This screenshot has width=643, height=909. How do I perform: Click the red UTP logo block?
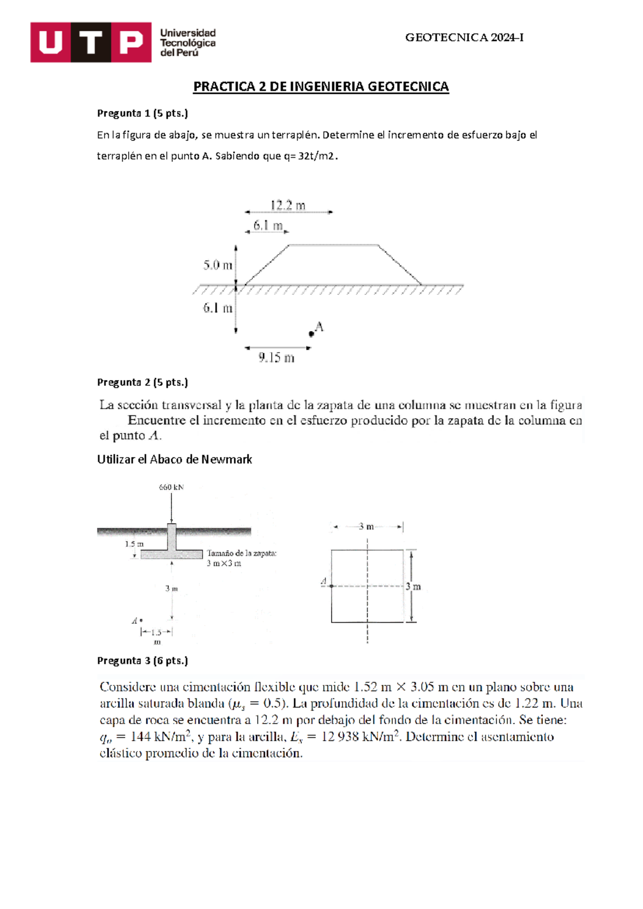(x=91, y=42)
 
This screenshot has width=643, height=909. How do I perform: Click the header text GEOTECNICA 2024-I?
(x=464, y=38)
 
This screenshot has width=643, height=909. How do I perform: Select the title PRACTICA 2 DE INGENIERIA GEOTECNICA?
(x=320, y=87)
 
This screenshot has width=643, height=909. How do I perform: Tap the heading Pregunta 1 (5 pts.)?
(x=143, y=113)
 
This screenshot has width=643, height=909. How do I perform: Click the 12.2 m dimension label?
(x=288, y=205)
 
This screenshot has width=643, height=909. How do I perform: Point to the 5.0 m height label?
(x=218, y=265)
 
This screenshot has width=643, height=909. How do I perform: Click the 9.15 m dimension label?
(x=276, y=357)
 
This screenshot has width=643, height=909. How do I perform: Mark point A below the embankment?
(x=311, y=334)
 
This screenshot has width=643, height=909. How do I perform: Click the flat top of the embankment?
(x=333, y=245)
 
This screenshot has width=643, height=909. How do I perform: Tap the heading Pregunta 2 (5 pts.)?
(x=143, y=382)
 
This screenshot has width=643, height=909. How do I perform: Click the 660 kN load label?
(x=171, y=487)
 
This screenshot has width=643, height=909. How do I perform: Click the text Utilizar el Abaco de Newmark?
(x=174, y=459)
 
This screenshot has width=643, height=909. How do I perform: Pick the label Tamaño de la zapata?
(x=242, y=553)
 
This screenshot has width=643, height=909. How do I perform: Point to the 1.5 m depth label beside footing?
(x=134, y=543)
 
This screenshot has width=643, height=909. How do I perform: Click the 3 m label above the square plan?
(x=367, y=527)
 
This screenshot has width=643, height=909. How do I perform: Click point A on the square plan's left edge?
(x=331, y=586)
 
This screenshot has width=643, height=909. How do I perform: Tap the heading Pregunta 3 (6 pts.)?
(x=143, y=660)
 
